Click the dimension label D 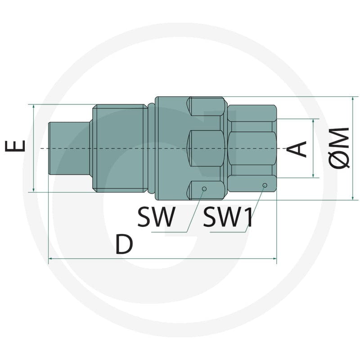[x=124, y=244]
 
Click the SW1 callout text [x=228, y=217]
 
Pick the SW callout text [x=156, y=217]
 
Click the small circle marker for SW [x=204, y=189]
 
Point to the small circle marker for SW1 [x=265, y=185]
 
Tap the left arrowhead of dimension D [x=50, y=259]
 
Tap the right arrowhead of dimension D [x=274, y=259]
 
